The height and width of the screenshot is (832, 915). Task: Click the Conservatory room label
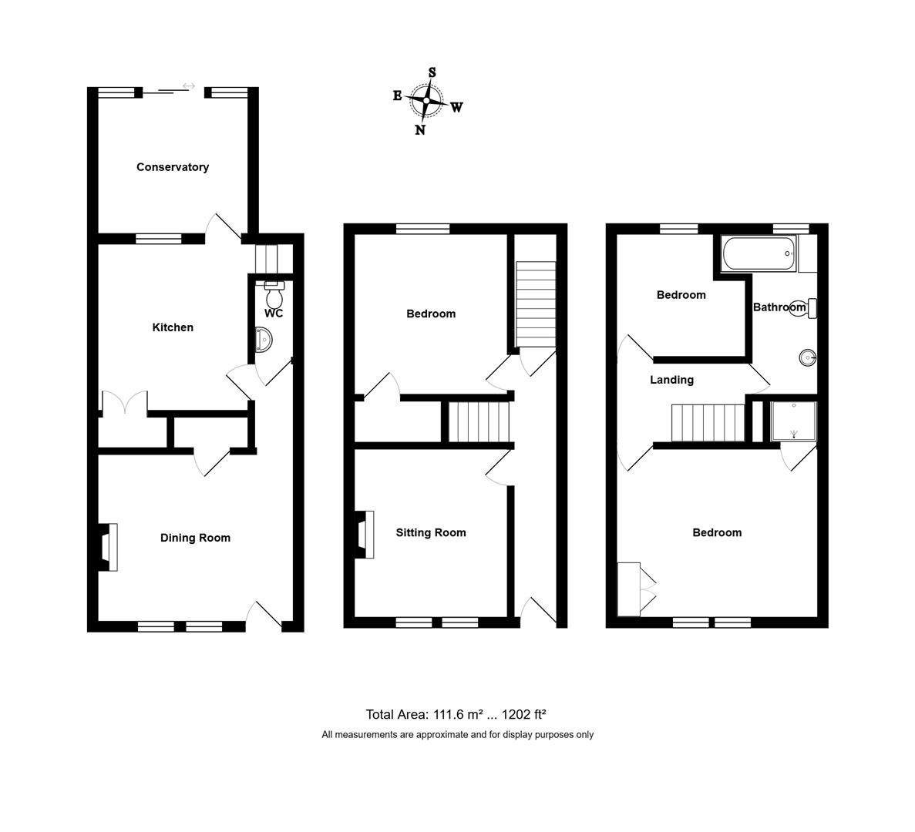(173, 167)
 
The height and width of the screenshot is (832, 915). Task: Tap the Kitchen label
(173, 327)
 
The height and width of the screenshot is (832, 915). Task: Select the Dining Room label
(195, 538)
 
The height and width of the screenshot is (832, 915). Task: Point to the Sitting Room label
(431, 532)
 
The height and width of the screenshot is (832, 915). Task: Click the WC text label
(274, 314)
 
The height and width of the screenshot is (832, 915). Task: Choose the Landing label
(671, 380)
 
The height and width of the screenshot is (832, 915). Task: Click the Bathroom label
(779, 307)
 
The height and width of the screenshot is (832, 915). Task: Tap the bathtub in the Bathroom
(759, 253)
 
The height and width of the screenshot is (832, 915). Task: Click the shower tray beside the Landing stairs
(793, 421)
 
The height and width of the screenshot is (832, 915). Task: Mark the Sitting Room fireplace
(365, 534)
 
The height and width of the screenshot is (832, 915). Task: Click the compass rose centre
(426, 101)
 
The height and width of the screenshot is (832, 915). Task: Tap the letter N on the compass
(420, 129)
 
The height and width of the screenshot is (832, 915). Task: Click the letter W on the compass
(456, 107)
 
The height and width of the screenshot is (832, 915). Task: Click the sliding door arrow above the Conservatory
(189, 86)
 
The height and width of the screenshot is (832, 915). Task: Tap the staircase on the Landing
(708, 422)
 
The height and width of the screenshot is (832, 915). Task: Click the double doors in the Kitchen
(124, 404)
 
